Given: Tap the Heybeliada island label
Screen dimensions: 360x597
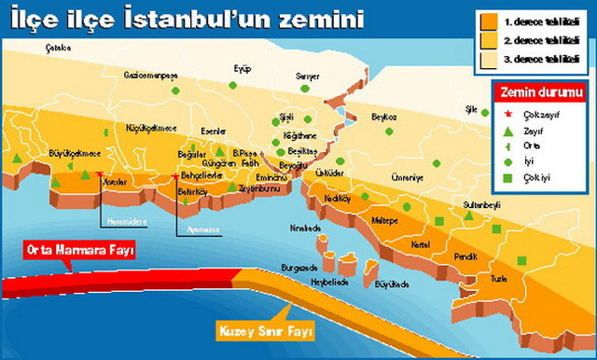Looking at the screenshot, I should tap(329, 282).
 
